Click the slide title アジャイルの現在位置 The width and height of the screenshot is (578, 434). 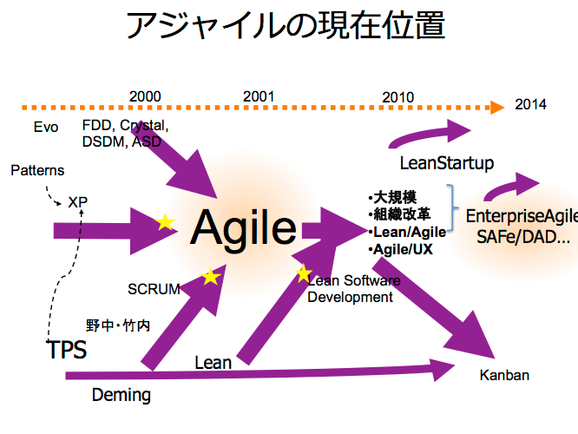click(286, 27)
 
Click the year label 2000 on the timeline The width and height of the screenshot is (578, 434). click(145, 95)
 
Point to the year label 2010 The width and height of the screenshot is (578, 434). click(397, 95)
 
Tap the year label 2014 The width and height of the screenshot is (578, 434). click(530, 104)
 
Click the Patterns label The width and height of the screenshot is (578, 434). click(37, 170)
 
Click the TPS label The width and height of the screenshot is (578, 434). click(67, 351)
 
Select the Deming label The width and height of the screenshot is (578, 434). click(122, 396)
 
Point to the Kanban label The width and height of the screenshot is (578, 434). click(504, 376)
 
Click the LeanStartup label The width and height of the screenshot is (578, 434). click(446, 162)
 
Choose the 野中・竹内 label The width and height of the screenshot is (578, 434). click(118, 326)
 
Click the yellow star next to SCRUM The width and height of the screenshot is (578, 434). click(210, 277)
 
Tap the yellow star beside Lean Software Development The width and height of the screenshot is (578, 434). click(303, 274)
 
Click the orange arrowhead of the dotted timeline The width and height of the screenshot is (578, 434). click(496, 108)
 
